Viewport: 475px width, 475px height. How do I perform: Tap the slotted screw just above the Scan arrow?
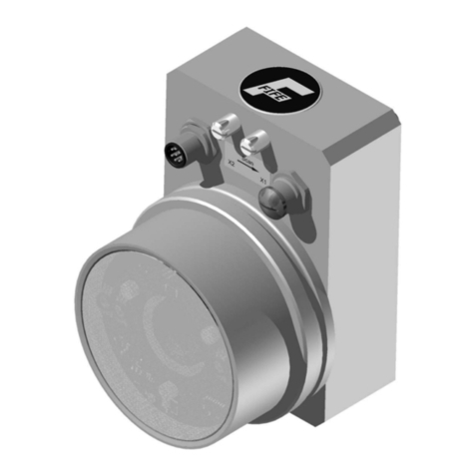[x=255, y=142]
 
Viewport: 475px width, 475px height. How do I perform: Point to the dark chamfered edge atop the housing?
[x=299, y=55]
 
